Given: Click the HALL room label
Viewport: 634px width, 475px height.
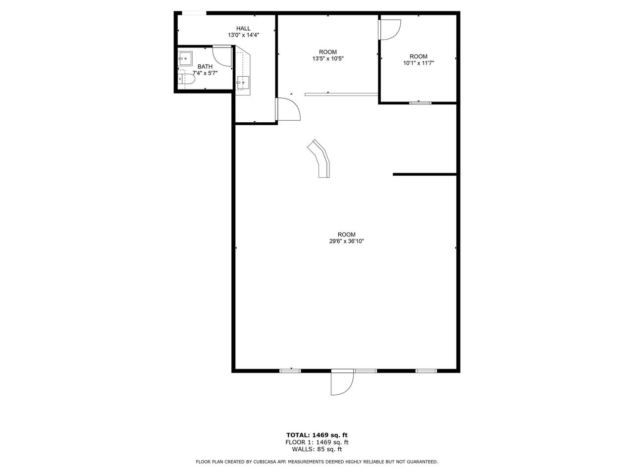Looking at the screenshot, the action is click(243, 28).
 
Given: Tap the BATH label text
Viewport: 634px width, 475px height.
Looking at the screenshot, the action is click(205, 67).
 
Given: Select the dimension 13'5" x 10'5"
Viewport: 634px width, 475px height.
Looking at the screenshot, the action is click(327, 58).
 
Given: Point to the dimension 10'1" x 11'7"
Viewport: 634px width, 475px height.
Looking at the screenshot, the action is click(418, 63).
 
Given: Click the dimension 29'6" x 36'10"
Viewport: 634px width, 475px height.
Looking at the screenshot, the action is click(346, 241).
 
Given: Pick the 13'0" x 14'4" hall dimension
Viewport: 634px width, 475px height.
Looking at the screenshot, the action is click(243, 35).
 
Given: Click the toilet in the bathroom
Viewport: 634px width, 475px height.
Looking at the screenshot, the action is click(186, 79).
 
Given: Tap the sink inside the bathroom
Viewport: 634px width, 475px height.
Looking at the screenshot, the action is click(185, 59).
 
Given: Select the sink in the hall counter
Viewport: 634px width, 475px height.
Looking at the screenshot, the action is click(243, 83).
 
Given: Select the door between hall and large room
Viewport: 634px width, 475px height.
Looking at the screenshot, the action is click(288, 109).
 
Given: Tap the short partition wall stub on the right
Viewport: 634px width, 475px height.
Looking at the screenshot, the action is click(424, 174).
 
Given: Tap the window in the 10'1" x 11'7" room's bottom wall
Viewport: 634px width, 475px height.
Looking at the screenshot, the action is click(420, 103).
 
